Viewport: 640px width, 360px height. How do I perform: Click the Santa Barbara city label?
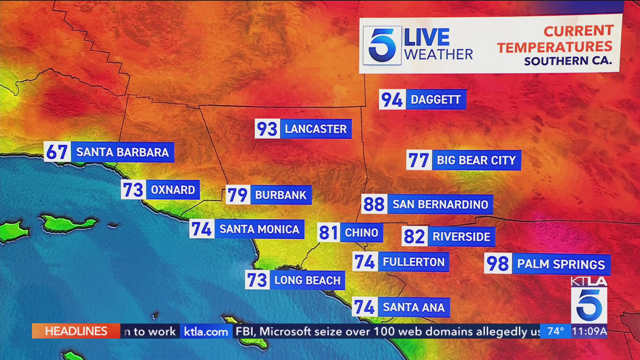(122, 152)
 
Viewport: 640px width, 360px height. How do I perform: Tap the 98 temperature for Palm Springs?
(498, 264)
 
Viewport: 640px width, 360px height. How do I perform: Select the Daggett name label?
(436, 99)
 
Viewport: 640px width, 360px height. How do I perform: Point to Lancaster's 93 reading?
(267, 129)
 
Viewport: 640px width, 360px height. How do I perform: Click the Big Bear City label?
(476, 160)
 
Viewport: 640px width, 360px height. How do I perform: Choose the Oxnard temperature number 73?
(133, 190)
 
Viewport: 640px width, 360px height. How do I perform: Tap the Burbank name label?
(281, 195)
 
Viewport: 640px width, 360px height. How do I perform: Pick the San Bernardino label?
(440, 204)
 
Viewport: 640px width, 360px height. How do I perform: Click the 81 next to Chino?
(329, 232)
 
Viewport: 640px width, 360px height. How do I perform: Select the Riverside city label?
(461, 237)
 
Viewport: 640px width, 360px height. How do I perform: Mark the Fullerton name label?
(414, 262)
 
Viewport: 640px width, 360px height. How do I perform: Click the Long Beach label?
(307, 280)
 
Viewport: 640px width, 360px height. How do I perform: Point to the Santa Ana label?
(414, 307)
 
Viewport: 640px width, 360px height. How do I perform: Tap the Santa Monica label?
(259, 229)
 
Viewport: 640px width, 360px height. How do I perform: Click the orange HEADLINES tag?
(76, 331)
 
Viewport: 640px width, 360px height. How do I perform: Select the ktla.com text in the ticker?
(206, 332)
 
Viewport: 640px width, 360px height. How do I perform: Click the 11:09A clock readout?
(589, 331)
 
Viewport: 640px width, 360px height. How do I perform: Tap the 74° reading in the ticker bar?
(555, 331)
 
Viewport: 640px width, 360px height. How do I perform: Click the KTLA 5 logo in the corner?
(589, 300)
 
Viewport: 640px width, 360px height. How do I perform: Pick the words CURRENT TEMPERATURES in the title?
(555, 39)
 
